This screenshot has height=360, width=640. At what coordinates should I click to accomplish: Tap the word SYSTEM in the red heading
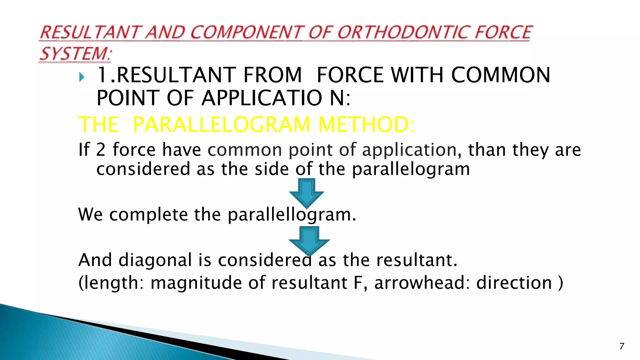(74, 53)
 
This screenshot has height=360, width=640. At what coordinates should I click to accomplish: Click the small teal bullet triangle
(82, 77)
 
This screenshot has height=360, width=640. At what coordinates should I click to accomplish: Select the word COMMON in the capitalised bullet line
(500, 75)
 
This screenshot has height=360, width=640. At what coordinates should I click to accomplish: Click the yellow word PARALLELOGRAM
(221, 124)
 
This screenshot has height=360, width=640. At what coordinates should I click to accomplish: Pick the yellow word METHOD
(366, 124)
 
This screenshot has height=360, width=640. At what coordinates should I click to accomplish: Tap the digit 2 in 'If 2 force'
(101, 150)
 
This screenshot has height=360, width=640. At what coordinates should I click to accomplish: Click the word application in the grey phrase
(409, 150)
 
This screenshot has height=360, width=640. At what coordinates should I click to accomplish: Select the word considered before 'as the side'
(143, 169)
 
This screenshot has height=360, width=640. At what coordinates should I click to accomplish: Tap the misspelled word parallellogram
(292, 215)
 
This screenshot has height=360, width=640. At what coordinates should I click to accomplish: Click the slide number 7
(622, 346)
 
